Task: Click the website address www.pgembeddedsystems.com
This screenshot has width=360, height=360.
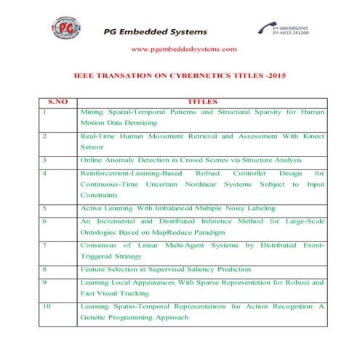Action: (183, 49)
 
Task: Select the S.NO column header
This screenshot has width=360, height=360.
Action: (57, 102)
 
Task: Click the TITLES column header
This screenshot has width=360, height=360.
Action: (202, 102)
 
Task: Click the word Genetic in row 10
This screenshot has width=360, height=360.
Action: (96, 318)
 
